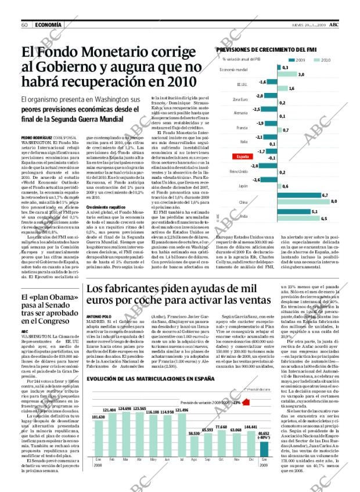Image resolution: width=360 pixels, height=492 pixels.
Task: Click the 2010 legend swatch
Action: pos(316,60)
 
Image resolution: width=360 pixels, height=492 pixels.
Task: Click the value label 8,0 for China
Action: pos(333,202)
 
